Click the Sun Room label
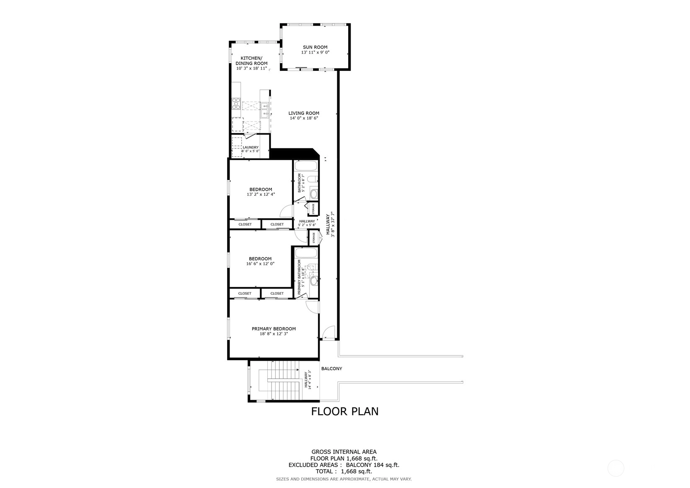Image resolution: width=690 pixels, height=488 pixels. (315, 47)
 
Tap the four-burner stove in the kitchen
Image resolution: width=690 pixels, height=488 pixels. (236, 104)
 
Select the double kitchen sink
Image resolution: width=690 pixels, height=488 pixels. (265, 110)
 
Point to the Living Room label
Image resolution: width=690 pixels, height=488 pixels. (304, 113)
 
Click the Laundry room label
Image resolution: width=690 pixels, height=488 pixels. (251, 147)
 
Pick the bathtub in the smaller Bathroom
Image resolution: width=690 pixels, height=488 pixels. (306, 166)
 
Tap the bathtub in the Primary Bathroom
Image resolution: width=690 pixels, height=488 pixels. (306, 253)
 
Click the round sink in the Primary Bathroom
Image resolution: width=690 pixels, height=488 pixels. (314, 280)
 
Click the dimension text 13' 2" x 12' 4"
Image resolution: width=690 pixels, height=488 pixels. (261, 195)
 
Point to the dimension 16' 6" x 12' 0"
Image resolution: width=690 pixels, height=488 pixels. (260, 264)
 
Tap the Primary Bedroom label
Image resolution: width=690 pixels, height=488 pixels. (274, 329)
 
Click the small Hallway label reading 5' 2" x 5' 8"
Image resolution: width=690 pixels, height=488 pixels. (307, 225)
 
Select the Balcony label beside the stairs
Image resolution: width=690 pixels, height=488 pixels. (332, 369)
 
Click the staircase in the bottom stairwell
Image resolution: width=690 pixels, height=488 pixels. (283, 380)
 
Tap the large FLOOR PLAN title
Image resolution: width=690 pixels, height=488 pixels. (345, 412)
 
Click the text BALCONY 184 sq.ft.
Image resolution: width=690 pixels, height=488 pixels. (373, 465)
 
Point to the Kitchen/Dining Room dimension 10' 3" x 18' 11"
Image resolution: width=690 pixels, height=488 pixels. (252, 68)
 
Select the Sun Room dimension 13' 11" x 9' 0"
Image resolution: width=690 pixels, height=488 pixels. (315, 52)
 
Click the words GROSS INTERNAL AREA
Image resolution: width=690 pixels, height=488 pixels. (344, 452)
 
